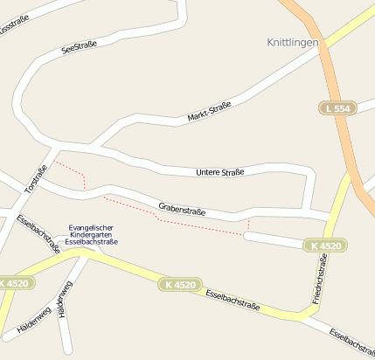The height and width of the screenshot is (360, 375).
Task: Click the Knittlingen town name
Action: [x=292, y=41]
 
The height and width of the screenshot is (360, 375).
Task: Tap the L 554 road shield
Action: [x=337, y=108]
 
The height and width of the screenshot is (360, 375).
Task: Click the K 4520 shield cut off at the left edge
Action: [x=15, y=284]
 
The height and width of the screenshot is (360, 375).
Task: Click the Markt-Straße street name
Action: [x=210, y=111]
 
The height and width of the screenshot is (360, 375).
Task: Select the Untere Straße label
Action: [x=220, y=172]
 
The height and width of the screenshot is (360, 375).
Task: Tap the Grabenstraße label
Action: [x=182, y=209]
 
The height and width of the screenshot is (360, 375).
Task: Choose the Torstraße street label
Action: [x=35, y=179]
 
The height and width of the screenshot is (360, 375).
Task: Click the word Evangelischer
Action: [x=93, y=228]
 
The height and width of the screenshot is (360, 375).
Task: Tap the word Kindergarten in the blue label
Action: [x=93, y=235]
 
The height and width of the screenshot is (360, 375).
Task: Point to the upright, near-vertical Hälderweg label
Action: [x=62, y=302]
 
